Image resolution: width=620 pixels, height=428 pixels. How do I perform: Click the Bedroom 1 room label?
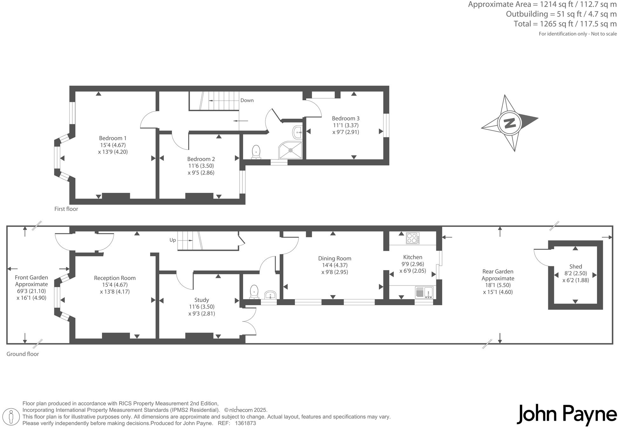(112, 138)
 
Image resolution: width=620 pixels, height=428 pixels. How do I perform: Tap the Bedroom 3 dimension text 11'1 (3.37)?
(345, 125)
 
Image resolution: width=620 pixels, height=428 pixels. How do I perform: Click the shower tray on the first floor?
(290, 150)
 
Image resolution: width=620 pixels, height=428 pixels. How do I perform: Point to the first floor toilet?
(256, 152)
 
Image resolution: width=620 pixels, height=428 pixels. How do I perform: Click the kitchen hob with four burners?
(412, 238)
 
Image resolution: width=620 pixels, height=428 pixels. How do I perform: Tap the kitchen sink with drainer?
(424, 292)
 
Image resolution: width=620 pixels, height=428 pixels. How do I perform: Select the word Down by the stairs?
(247, 100)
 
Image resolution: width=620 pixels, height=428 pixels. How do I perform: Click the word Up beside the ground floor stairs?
(173, 240)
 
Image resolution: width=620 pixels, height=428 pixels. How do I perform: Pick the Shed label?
(575, 266)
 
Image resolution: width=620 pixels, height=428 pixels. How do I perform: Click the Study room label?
(201, 300)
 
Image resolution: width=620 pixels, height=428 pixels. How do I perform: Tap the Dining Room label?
(334, 258)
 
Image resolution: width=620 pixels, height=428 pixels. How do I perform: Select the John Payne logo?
(567, 414)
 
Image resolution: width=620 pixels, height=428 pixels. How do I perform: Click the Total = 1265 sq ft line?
(565, 24)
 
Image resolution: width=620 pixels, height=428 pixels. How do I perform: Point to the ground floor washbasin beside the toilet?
(271, 294)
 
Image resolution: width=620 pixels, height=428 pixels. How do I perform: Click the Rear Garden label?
(498, 271)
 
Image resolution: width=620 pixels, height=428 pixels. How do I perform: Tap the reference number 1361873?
(245, 423)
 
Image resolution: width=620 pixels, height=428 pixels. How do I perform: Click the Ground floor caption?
(23, 354)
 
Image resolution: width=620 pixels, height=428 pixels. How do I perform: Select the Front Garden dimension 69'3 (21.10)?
(31, 291)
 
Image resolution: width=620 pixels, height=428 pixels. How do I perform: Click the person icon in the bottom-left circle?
(12, 417)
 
